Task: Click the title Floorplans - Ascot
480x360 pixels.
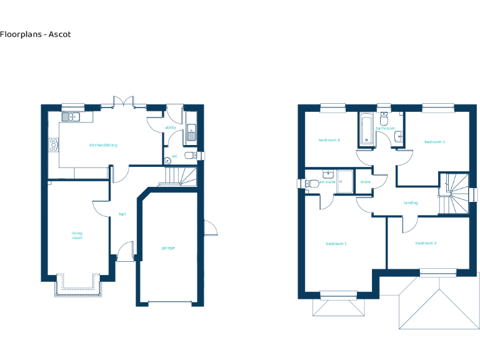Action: (36, 34)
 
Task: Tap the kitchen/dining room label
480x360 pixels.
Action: (103, 145)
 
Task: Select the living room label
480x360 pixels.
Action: (77, 236)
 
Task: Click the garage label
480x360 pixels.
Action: (168, 248)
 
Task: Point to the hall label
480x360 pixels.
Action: (122, 214)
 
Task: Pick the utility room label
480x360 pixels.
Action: (170, 127)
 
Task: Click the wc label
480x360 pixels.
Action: (175, 156)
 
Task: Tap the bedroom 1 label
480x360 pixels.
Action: (336, 244)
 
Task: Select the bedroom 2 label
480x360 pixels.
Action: (434, 142)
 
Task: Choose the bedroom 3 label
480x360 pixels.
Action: (426, 242)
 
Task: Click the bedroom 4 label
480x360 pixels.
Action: (329, 140)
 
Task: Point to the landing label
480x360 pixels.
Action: (411, 203)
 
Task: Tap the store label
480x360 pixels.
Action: (366, 182)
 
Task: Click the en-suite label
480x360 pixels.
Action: (327, 182)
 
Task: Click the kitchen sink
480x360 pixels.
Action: (70, 116)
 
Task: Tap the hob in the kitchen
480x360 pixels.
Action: (54, 145)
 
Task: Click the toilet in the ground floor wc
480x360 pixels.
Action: (196, 156)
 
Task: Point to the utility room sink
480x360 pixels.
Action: (191, 132)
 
